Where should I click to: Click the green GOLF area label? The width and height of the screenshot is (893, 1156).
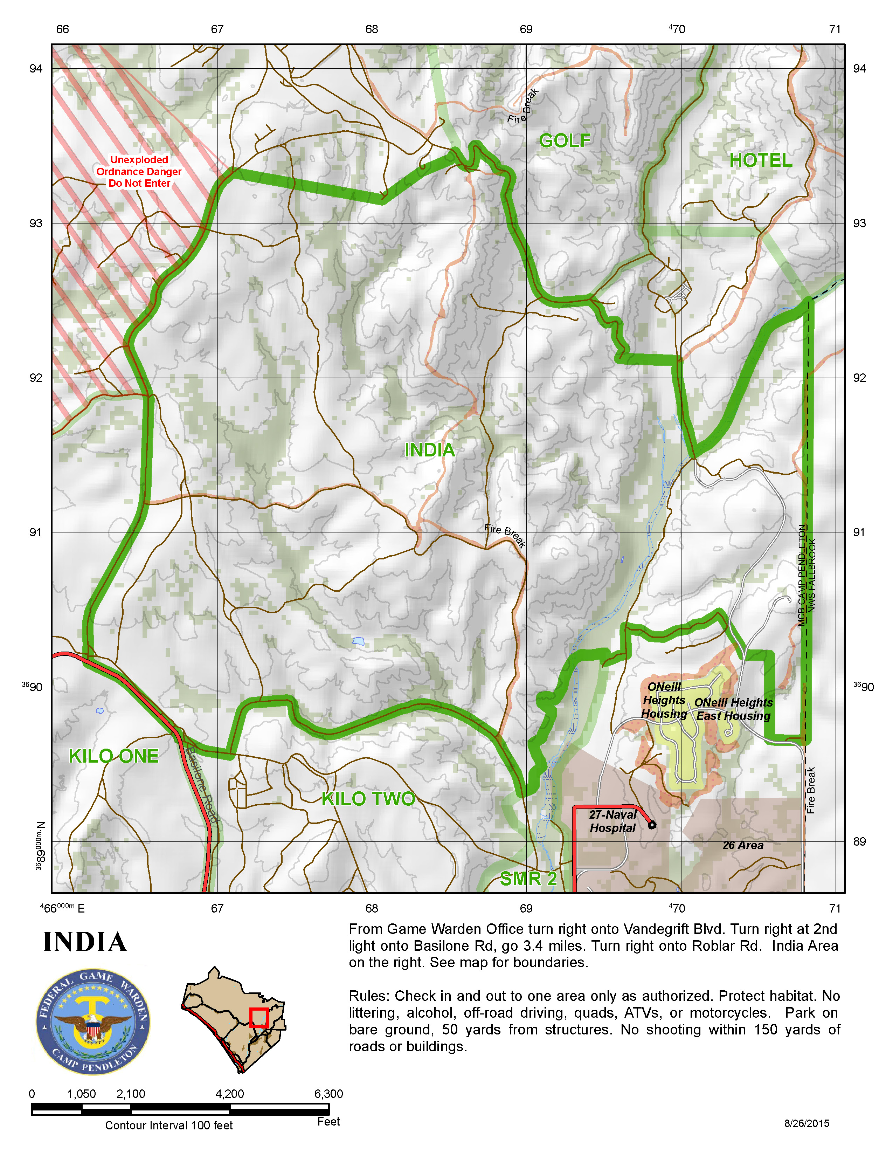click(565, 141)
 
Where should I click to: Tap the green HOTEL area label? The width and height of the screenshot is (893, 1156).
click(760, 160)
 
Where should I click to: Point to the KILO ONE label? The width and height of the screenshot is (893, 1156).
click(114, 756)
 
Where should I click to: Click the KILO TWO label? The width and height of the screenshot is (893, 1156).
click(368, 799)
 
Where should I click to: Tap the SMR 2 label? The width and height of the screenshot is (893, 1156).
click(528, 879)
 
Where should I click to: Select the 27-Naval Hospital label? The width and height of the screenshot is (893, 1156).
click(612, 821)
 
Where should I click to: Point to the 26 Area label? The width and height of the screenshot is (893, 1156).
click(743, 845)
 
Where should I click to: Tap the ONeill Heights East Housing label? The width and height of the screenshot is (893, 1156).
click(733, 709)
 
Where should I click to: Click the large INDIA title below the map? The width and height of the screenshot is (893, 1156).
click(85, 942)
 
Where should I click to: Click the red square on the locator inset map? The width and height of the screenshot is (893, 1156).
click(259, 1017)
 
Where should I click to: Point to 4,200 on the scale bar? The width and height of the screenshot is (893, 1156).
click(230, 1094)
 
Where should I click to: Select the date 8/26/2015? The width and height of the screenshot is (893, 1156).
click(806, 1123)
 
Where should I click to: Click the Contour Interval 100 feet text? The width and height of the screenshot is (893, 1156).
click(169, 1125)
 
